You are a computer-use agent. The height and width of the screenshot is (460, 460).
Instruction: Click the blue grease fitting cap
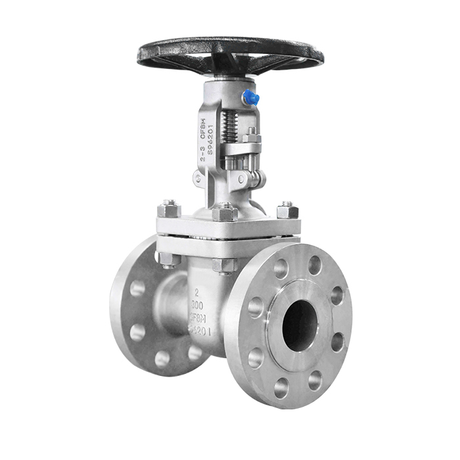click(250, 99)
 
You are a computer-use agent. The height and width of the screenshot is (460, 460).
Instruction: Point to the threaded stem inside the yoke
click(229, 125)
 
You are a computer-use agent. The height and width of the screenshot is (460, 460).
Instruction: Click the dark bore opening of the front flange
click(300, 324)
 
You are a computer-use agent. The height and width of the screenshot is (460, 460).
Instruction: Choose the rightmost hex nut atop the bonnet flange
click(287, 210)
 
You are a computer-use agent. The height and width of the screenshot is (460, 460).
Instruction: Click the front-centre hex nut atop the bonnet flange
click(224, 212)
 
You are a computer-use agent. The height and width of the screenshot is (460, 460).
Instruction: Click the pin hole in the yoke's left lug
click(198, 177)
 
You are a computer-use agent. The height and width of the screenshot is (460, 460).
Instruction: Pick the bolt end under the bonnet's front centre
click(224, 265)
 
